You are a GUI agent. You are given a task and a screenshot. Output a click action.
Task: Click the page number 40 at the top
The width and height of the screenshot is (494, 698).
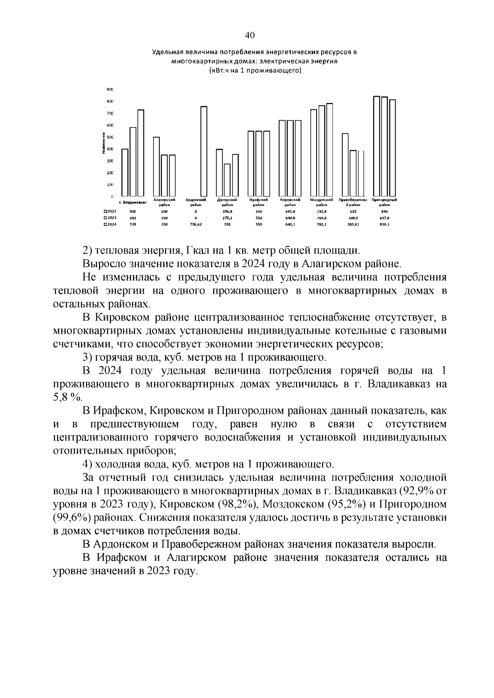click(249, 35)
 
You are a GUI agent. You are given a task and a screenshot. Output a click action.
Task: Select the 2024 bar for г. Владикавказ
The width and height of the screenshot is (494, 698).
click(140, 153)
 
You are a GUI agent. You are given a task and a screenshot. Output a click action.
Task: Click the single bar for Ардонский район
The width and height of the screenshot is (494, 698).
click(204, 151)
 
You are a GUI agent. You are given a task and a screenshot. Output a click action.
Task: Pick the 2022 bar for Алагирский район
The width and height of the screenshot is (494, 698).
click(156, 167)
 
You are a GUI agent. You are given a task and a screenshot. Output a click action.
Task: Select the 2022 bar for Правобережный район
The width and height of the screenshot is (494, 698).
click(345, 165)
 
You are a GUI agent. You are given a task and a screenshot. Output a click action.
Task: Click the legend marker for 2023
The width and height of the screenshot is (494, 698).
click(105, 218)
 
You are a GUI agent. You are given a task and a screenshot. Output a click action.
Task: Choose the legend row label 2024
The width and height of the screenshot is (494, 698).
click(112, 225)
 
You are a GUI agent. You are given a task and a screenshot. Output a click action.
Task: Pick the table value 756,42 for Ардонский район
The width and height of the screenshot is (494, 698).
click(196, 225)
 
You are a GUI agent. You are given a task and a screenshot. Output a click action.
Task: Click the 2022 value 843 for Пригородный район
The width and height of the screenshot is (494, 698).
click(384, 211)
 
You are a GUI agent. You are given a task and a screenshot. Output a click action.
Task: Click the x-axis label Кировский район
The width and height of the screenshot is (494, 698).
click(290, 202)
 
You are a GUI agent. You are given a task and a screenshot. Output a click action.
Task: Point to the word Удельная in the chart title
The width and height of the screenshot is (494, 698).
click(168, 53)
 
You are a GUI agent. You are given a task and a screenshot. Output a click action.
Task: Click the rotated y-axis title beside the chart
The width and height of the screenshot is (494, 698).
click(102, 143)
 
